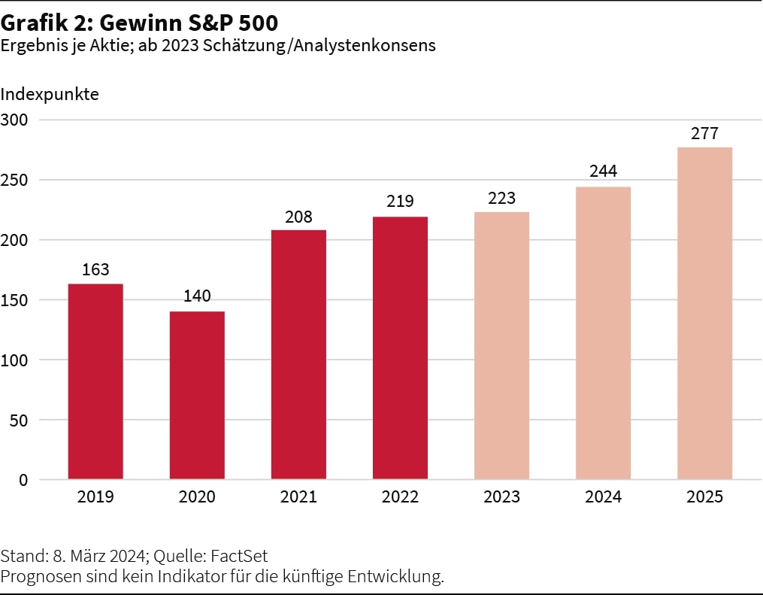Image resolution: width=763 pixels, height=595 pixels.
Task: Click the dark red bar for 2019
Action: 95,381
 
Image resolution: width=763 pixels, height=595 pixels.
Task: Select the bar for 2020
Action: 197,395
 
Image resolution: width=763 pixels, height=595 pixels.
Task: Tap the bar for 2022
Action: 400,348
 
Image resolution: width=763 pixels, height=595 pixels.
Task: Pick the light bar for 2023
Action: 501,345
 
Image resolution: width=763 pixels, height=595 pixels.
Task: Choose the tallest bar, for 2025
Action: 704,313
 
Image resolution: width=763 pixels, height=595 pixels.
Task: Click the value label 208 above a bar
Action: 298,217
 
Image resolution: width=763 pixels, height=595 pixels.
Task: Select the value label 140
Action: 197,296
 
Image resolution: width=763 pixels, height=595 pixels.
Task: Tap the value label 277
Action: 704,133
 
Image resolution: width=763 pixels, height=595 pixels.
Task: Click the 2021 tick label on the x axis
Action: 298,497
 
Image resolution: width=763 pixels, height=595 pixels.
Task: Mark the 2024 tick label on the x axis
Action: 603,497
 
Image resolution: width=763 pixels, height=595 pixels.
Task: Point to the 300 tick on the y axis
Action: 14,120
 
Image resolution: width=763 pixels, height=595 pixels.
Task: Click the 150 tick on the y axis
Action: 14,300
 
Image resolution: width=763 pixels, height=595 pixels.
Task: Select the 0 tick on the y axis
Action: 23,480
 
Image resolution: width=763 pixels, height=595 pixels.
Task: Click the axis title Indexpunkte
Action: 50,95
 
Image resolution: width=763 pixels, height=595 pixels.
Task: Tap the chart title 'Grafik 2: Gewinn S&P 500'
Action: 139,23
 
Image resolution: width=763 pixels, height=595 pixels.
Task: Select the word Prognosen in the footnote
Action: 34,576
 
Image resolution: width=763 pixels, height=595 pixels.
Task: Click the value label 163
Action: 95,269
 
